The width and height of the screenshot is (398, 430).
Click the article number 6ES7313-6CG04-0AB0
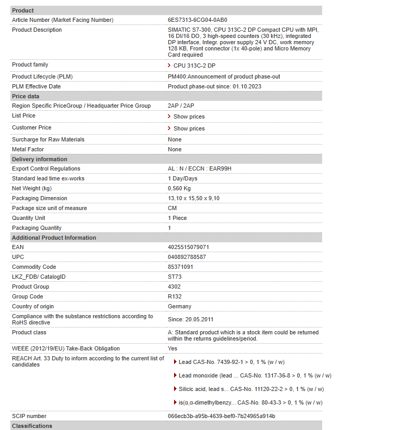tap(197, 20)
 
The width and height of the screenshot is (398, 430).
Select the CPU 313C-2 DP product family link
tap(194, 66)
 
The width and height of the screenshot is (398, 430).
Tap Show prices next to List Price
tap(189, 116)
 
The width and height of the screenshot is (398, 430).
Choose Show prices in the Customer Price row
tap(189, 128)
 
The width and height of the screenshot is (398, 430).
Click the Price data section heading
tap(25, 96)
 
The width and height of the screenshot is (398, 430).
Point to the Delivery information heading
tap(39, 159)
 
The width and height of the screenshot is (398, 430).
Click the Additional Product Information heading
tap(54, 238)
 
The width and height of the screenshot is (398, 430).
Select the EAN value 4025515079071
tap(188, 247)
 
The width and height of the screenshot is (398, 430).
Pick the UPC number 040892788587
tap(187, 257)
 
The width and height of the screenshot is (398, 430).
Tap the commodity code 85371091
tap(180, 267)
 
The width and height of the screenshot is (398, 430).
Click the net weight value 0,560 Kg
tap(179, 188)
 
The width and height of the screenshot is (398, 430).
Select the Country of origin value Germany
tap(179, 306)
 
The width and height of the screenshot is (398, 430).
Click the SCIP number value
tap(221, 416)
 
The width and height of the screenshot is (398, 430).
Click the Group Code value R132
tap(175, 296)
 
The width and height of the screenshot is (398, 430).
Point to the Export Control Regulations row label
tap(46, 168)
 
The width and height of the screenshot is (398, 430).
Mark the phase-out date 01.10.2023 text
tap(247, 86)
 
